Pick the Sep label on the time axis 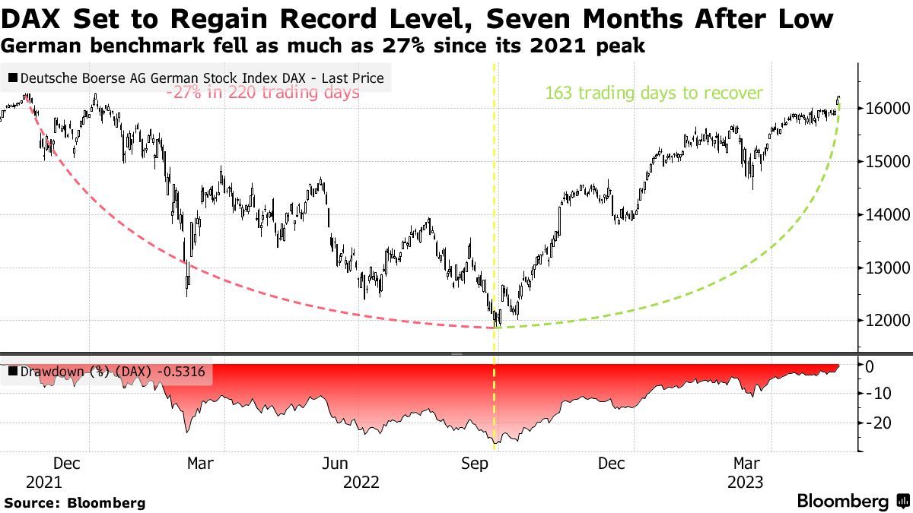point(475,464)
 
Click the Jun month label point(336,464)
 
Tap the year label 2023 point(747,482)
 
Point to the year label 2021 point(44,482)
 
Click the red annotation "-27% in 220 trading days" point(263,93)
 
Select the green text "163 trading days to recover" point(654,93)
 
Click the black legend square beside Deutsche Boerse point(13,78)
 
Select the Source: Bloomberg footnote point(74,502)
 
